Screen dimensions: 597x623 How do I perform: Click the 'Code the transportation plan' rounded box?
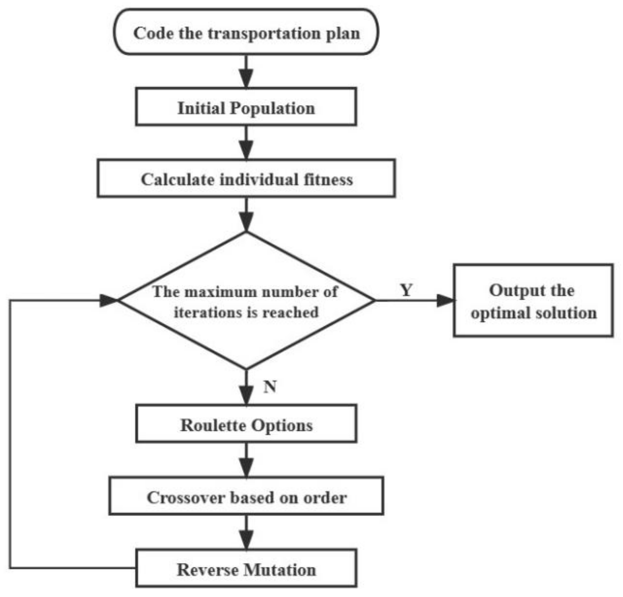click(246, 32)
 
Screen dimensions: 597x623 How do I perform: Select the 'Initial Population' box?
click(246, 107)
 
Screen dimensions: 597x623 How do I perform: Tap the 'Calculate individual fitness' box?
click(246, 179)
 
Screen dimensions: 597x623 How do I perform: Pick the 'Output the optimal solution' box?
click(533, 300)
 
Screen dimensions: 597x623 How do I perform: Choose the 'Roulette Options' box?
click(246, 424)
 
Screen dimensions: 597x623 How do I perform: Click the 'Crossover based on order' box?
click(246, 496)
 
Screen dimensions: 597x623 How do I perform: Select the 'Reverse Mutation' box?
click(246, 569)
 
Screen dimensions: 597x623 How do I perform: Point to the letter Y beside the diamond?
click(406, 290)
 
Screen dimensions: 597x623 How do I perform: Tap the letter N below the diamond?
click(270, 386)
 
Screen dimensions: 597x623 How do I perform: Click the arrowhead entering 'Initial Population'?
click(246, 79)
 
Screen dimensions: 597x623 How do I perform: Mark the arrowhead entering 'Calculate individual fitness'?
click(246, 150)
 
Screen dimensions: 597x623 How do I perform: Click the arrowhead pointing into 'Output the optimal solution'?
click(445, 300)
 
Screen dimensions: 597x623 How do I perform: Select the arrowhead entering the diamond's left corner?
click(108, 300)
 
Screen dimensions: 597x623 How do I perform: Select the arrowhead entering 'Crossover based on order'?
click(246, 468)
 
